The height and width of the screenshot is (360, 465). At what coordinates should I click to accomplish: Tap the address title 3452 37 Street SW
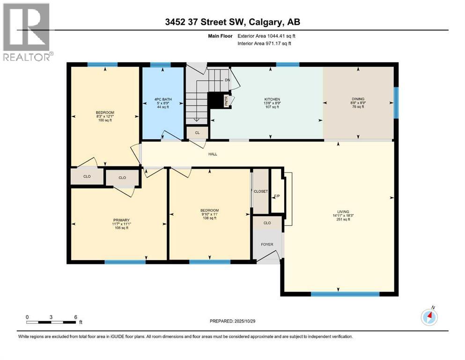(233, 22)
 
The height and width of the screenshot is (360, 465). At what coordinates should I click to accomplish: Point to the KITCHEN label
(272, 99)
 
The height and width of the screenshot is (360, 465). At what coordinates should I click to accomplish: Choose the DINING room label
(358, 99)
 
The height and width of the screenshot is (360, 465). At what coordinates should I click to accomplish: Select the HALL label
(213, 154)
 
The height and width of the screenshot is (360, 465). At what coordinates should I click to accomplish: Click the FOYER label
(267, 244)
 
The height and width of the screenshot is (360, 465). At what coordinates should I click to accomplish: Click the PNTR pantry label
(226, 101)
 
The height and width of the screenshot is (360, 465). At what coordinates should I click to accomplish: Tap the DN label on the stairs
(227, 80)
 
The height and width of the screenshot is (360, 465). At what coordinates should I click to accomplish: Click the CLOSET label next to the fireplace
(261, 191)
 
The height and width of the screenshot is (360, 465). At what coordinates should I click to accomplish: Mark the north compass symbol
(429, 317)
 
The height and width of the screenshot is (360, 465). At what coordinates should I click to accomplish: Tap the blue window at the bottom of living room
(345, 294)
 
